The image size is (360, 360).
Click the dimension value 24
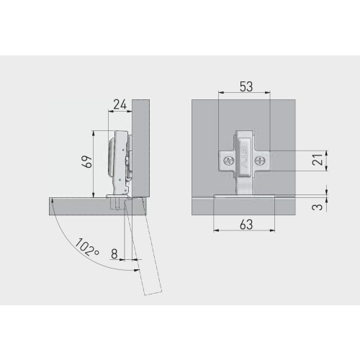[120, 104]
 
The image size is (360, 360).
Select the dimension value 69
[88, 161]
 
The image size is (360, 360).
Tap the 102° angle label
[87, 247]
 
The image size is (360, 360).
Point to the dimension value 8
[114, 253]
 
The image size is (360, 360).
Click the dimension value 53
[246, 86]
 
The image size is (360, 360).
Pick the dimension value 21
[318, 160]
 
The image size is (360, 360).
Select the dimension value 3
[318, 207]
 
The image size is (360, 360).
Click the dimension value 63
[246, 225]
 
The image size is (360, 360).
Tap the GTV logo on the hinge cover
[244, 157]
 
